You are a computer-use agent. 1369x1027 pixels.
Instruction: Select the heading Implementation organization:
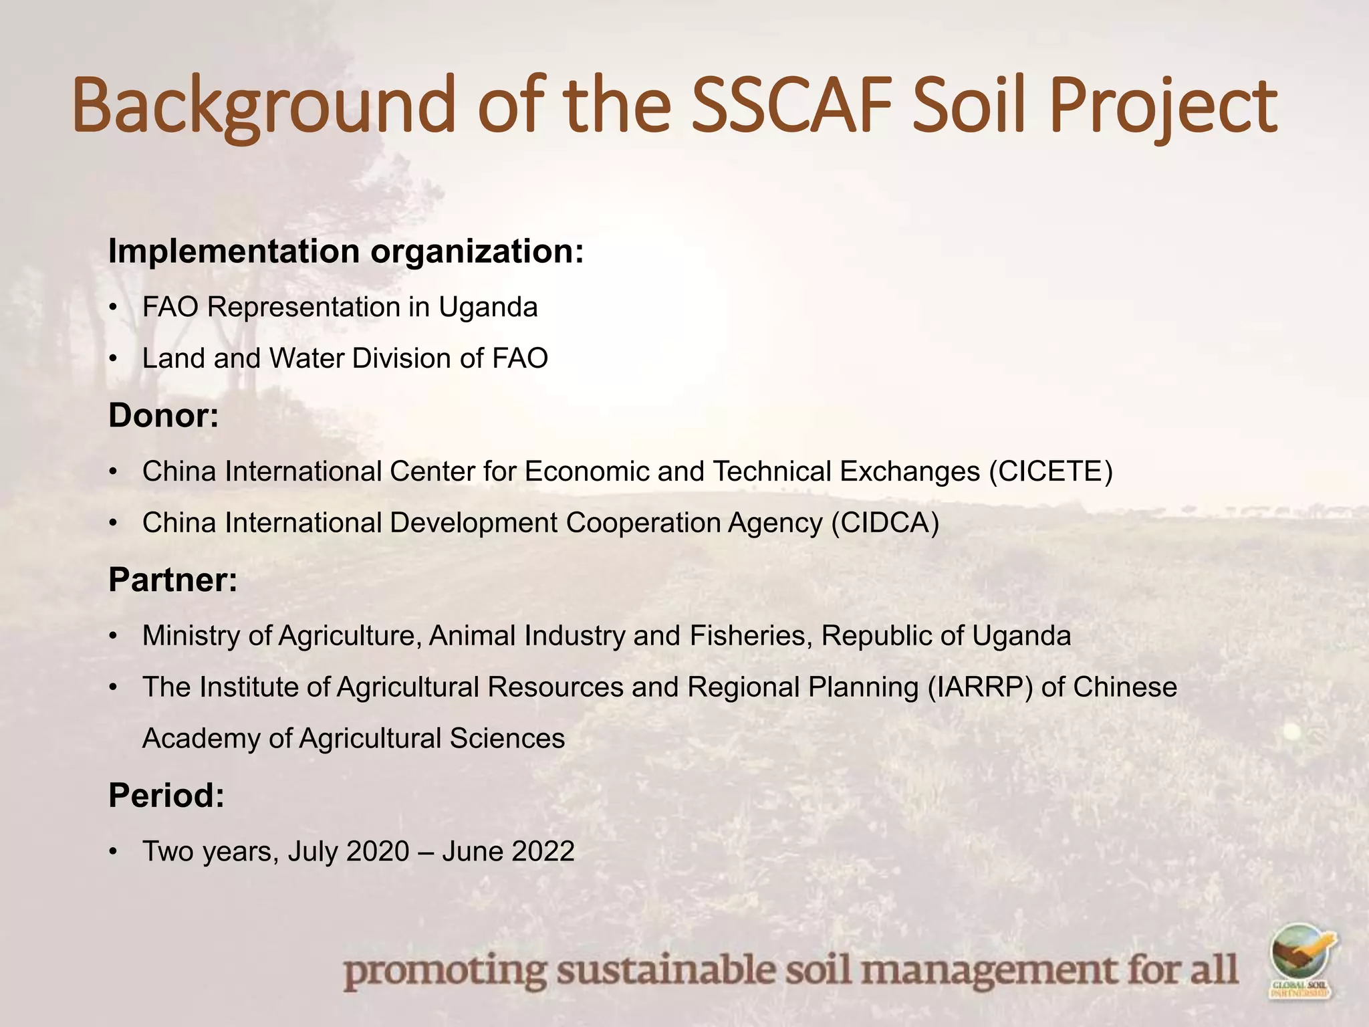346,252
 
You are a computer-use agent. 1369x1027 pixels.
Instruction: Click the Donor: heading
164,416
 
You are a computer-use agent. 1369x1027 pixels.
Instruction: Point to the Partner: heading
173,580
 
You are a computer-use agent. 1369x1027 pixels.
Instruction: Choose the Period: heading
166,796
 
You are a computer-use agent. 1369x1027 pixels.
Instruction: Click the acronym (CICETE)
1051,471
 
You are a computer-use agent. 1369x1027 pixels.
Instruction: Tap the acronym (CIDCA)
885,523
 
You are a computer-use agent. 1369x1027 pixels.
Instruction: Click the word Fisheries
751,636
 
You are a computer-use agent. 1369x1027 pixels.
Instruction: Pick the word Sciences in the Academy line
507,739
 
